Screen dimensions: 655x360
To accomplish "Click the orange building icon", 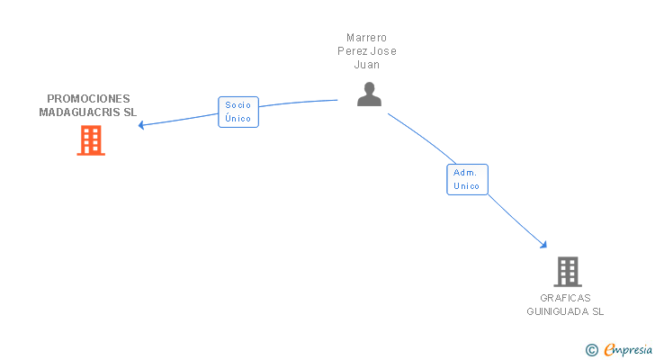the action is coord(91,140).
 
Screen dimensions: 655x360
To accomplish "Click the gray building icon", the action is coord(567,271).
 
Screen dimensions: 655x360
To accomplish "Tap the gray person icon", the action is coord(369,94).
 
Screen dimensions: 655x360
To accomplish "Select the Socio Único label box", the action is coord(238,112).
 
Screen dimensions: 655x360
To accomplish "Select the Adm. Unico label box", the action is coord(467,179).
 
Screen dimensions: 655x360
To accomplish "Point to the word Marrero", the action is coord(366,38).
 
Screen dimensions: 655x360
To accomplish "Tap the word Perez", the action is coord(352,51).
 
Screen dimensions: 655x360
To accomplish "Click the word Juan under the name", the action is coord(366,65).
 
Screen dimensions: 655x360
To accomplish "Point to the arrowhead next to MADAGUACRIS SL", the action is coord(141,124).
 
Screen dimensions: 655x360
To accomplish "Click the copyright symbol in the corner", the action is coord(591,350).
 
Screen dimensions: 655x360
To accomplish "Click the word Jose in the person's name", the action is coord(383,51).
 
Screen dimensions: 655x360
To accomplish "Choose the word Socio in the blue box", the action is coord(238,105).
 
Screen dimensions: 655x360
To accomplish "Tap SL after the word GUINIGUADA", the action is coord(597,311).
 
